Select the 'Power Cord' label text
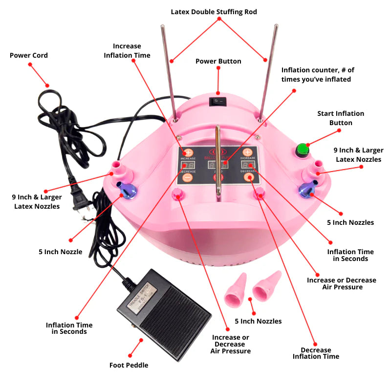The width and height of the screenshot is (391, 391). [29, 56]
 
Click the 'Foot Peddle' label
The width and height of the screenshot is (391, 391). [129, 365]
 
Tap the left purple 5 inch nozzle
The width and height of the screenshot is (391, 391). [124, 190]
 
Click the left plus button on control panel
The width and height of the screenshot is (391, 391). [188, 152]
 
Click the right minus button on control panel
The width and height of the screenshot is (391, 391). [249, 178]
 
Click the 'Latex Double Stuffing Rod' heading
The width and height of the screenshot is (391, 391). [213, 12]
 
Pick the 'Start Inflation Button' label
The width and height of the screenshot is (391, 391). [341, 118]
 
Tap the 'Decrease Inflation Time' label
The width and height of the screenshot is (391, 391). [316, 353]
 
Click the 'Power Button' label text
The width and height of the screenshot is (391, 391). [218, 62]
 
